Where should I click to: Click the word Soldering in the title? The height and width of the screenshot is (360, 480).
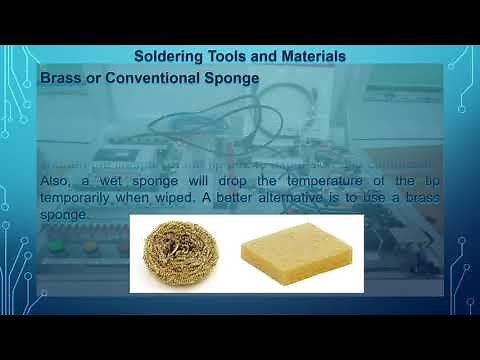click(x=171, y=56)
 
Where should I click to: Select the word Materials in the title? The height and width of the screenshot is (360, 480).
click(x=307, y=56)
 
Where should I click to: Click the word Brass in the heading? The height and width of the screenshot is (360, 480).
click(x=61, y=77)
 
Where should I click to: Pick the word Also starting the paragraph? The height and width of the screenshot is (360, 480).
click(x=56, y=180)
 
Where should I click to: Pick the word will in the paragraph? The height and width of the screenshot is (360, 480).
click(x=199, y=180)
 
